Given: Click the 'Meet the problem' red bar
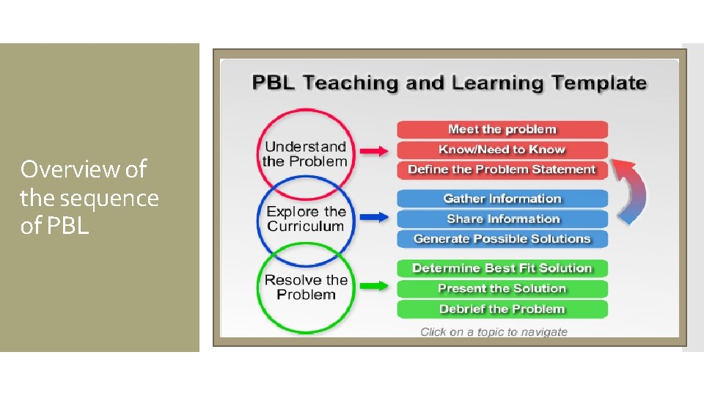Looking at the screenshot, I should coord(502,130).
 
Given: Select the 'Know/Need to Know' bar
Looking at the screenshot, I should coord(502,150).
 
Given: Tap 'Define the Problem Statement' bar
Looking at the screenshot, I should coord(502,169).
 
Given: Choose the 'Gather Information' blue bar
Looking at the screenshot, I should coord(502,199).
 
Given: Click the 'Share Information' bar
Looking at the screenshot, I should coord(502,219).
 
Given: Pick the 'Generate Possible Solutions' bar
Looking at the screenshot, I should coord(502,238).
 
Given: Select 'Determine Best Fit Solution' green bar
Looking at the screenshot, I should coord(502,268).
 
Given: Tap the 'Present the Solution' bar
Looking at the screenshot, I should coord(502,288).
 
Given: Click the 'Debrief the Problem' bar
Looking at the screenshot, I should coord(502,309).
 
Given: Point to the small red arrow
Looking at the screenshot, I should coord(373,150).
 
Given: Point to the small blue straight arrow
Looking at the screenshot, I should coord(373,217).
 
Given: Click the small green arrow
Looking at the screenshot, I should coord(373,286).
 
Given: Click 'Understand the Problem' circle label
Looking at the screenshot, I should coord(304,154).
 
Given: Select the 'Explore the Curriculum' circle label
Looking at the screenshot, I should coord(305,219).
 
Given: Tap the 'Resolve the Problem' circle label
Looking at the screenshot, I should coord(306,287).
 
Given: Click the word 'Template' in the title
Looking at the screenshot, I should coord(598,83).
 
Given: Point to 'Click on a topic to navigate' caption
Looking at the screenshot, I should coord(494,332).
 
